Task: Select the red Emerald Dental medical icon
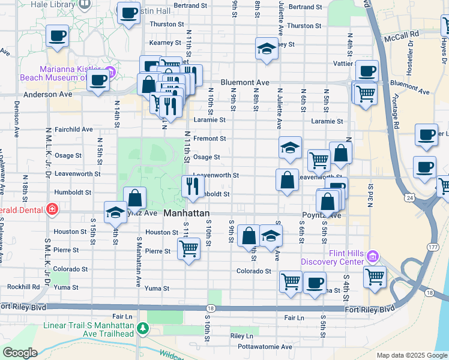[x=52, y=209]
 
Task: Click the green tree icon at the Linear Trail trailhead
[x=143, y=328]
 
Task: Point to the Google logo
[x=20, y=353]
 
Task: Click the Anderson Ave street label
[x=48, y=94]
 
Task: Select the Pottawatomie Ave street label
[x=265, y=347]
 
